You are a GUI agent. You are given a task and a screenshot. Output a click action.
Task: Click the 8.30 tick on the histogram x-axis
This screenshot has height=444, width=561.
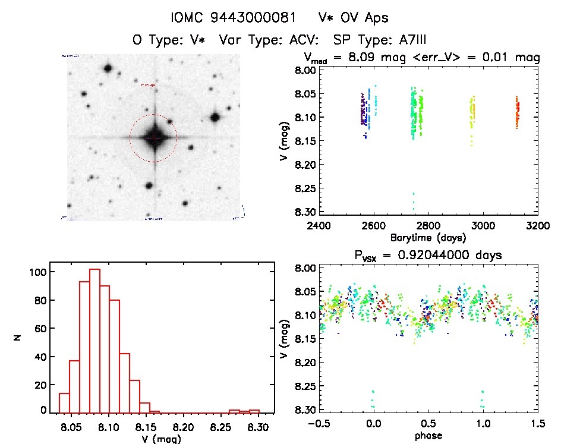pos(258,427)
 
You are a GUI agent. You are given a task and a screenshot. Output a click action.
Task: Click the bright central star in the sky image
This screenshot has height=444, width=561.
pos(154,137)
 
